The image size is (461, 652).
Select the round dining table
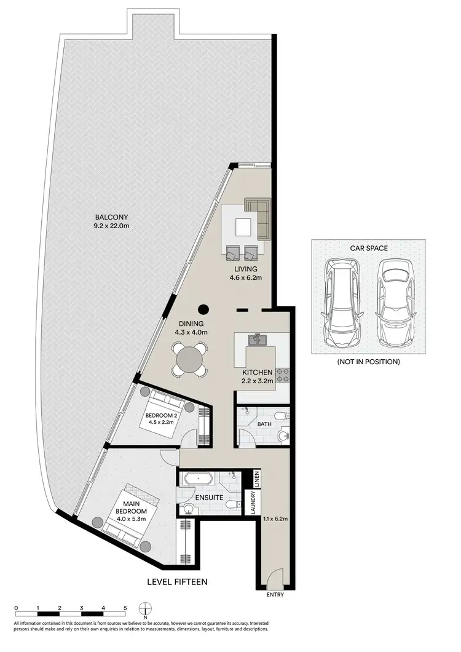point(189,358)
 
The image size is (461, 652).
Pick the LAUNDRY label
point(251,503)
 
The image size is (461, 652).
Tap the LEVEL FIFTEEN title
point(176,581)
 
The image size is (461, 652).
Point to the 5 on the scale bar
point(125,608)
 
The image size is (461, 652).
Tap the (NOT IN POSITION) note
point(368,362)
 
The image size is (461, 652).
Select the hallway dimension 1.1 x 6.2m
point(275,519)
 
